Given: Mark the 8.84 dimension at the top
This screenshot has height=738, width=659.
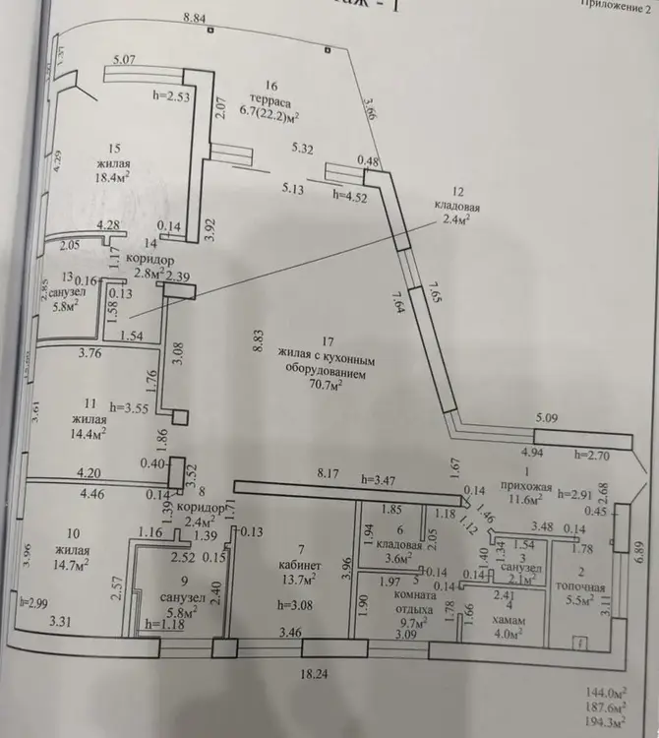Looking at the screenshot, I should [x=198, y=18].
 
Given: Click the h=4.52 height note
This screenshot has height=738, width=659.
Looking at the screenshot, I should [x=349, y=196].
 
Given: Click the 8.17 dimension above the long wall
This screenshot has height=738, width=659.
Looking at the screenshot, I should [x=326, y=473].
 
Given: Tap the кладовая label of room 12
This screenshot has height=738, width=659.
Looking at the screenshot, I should [x=458, y=207].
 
